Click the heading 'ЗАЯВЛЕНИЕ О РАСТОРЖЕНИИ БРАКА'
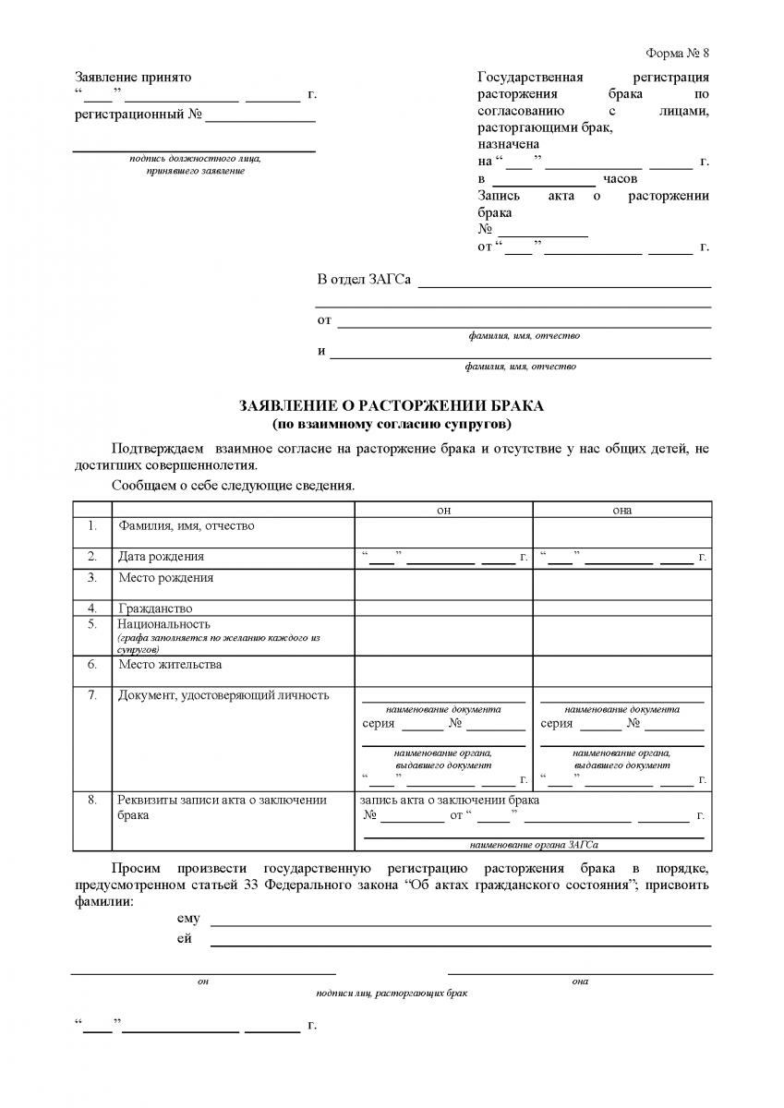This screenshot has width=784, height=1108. [x=392, y=406]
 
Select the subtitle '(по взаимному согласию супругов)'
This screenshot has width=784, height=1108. [x=392, y=424]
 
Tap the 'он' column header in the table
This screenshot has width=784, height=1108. [x=443, y=510]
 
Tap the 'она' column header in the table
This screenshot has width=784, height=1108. [x=621, y=510]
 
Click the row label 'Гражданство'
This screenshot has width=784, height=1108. [x=155, y=608]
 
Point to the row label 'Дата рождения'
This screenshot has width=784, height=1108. [x=161, y=557]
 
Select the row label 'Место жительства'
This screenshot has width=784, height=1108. [x=170, y=664]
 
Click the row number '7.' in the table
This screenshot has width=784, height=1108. [x=92, y=695]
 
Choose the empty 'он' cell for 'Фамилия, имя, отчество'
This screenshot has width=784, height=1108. [x=443, y=533]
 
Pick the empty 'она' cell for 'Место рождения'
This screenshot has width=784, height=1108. [x=621, y=584]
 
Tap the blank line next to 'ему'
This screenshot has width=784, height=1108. [x=461, y=923]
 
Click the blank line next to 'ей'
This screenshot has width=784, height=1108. [x=461, y=944]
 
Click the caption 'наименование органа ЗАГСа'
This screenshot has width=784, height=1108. [x=533, y=845]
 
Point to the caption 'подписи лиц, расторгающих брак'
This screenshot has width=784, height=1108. [x=392, y=994]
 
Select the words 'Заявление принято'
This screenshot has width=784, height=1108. [x=133, y=78]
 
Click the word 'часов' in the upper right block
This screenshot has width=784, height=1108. [x=620, y=179]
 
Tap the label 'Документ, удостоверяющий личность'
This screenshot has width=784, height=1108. [x=223, y=695]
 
